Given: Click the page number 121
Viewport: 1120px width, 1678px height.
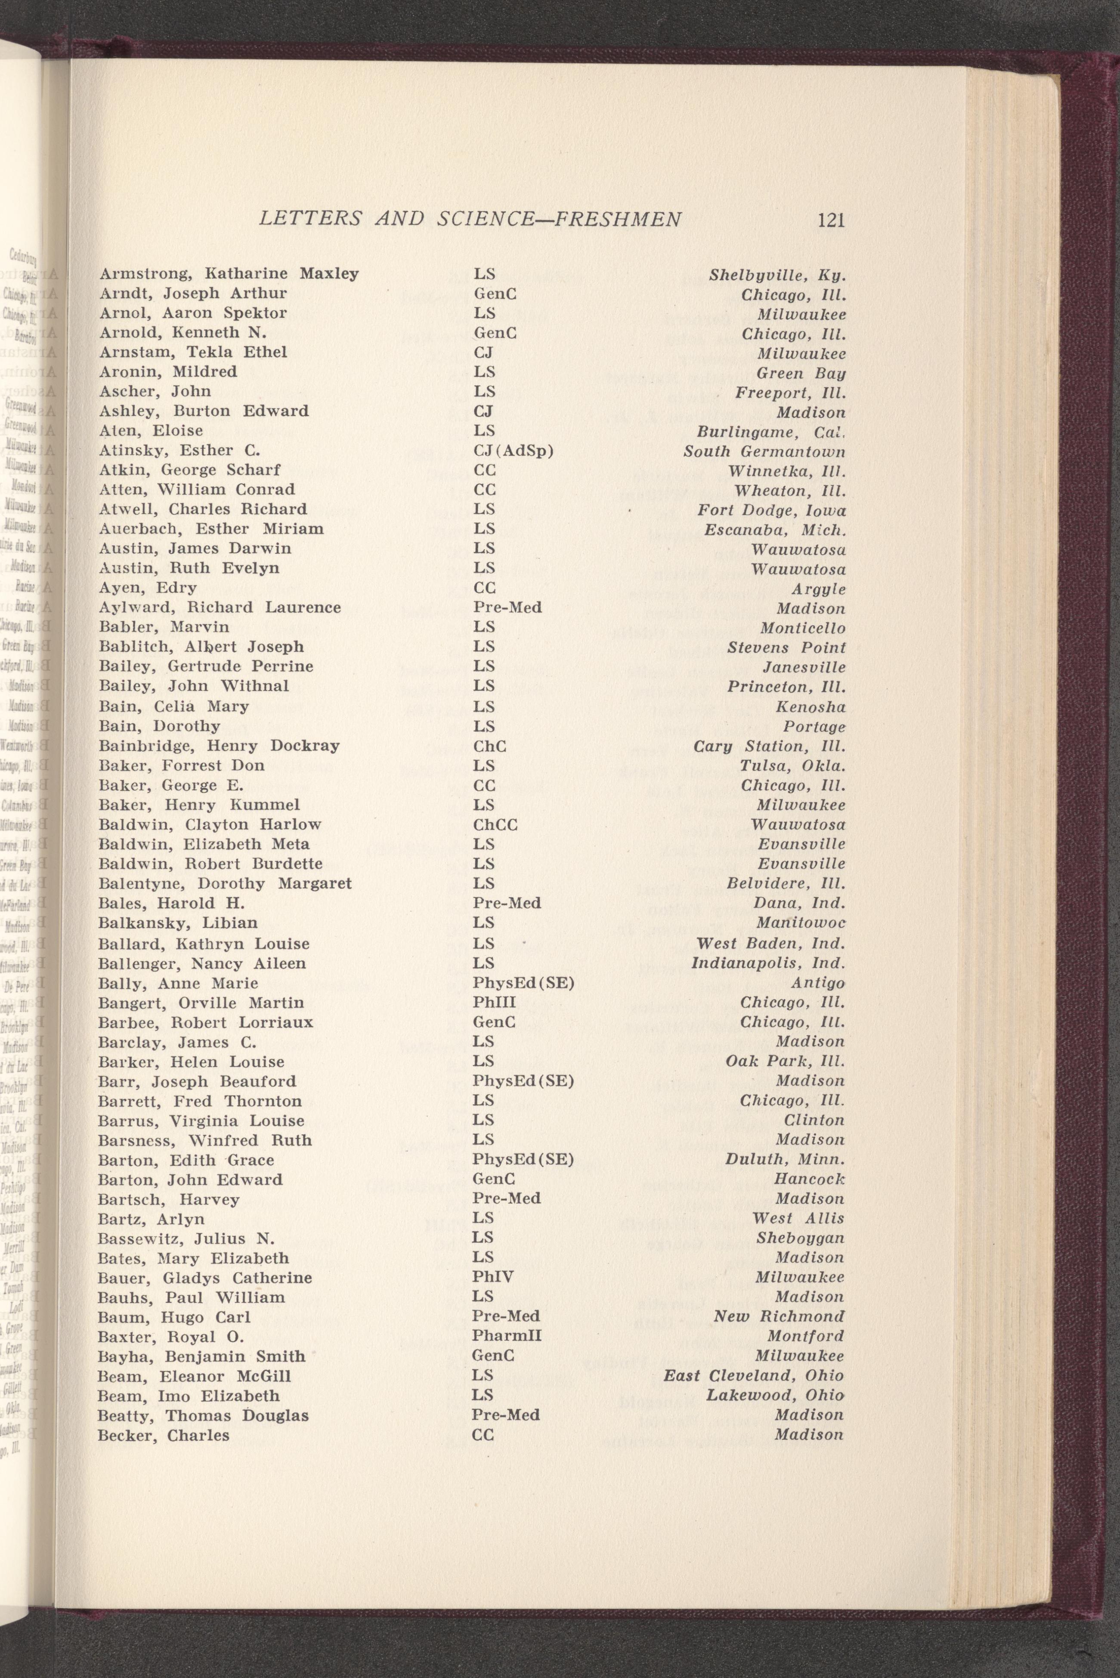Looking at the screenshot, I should (831, 219).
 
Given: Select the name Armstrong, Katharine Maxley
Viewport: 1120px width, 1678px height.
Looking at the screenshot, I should (229, 274).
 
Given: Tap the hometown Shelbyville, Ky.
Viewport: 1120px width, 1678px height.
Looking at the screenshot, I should (777, 275).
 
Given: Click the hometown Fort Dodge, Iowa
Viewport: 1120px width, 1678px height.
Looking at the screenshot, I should (771, 510).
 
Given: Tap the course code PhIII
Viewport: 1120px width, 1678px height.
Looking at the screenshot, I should (494, 1002).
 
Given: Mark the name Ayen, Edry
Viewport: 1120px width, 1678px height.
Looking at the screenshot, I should (148, 588).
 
